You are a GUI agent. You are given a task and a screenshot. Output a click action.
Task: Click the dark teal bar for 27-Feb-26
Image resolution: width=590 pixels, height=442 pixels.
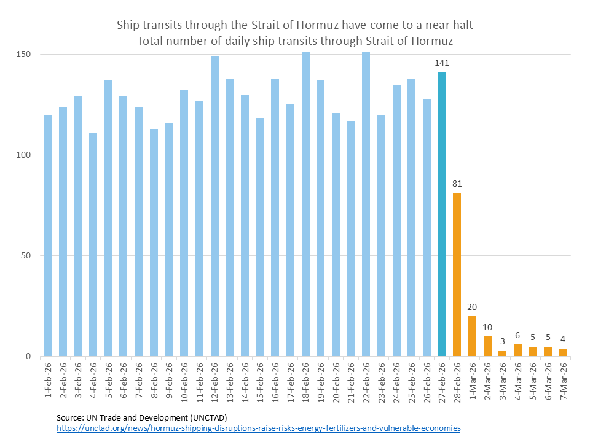(x=442, y=215)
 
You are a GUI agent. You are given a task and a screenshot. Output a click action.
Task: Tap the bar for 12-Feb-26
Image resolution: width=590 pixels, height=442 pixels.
(x=215, y=206)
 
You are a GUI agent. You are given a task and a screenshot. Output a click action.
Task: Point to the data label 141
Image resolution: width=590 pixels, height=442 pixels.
(x=442, y=63)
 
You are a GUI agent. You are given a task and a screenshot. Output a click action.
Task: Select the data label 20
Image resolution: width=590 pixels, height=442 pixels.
(x=472, y=307)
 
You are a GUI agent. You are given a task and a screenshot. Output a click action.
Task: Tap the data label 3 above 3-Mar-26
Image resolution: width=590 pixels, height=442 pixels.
(x=502, y=341)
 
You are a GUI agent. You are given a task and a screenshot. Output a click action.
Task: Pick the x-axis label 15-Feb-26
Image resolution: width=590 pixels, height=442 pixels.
(x=260, y=381)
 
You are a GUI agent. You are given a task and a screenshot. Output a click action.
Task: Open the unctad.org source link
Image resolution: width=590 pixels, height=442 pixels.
(x=258, y=428)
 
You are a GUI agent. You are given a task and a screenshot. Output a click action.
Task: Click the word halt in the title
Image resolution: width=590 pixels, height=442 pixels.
(x=462, y=26)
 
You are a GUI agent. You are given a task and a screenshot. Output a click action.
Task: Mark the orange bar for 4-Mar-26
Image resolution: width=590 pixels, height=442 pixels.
(x=517, y=351)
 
